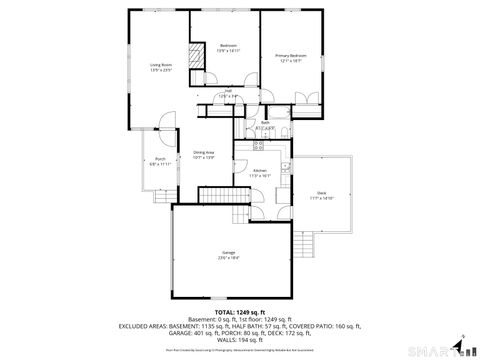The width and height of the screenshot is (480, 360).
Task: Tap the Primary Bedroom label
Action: (291, 56)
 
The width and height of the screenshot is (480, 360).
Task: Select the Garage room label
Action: (229, 254)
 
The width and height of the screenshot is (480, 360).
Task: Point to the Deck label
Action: (321, 193)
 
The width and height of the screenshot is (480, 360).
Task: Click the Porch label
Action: (160, 160)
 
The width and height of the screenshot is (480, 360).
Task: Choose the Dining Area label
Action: (204, 152)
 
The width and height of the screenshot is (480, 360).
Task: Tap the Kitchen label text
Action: (259, 171)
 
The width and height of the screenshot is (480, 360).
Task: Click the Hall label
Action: (228, 91)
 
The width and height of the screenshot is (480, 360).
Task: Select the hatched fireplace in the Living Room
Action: (196, 55)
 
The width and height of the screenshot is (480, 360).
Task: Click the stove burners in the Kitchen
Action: (258, 146)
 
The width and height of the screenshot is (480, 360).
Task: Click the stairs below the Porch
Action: (157, 193)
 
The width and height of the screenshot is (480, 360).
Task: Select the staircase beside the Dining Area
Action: (215, 194)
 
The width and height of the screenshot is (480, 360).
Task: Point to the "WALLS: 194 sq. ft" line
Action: (240, 341)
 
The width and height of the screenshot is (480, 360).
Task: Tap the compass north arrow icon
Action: (461, 347)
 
